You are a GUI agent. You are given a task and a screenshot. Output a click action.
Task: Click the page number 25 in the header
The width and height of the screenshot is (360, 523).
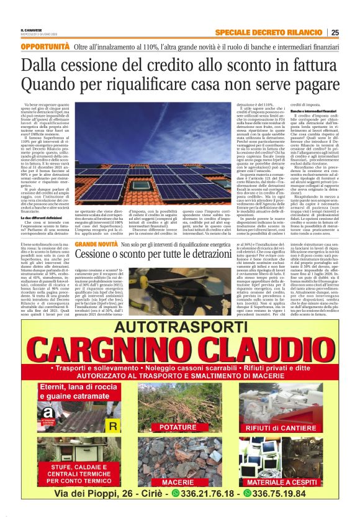335,32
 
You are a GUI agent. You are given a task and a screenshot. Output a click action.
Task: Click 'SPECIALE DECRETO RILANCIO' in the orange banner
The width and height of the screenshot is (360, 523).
271,32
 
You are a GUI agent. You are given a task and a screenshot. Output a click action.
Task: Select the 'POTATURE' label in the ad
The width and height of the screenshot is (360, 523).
178,427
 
